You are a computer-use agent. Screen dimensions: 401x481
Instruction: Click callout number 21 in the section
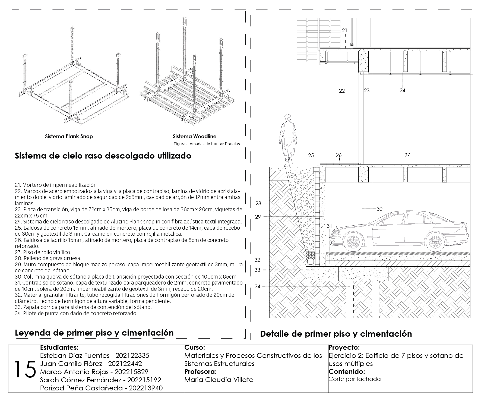pyautogui.click(x=344, y=31)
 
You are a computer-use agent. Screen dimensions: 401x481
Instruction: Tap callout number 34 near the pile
pyautogui.click(x=257, y=286)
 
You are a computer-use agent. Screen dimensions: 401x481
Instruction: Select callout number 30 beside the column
pyautogui.click(x=379, y=209)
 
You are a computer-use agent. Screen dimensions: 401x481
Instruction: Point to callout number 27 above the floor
pyautogui.click(x=407, y=155)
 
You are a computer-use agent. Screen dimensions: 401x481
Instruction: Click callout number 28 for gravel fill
pyautogui.click(x=258, y=204)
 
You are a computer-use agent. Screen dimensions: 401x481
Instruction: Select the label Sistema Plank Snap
pyautogui.click(x=69, y=136)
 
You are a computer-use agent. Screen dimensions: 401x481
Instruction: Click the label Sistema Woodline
pyautogui.click(x=195, y=136)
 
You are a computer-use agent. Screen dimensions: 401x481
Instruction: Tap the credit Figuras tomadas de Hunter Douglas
pyautogui.click(x=207, y=144)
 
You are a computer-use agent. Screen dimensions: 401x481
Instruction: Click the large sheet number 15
pyautogui.click(x=25, y=370)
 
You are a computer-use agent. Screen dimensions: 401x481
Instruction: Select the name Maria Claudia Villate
pyautogui.click(x=219, y=380)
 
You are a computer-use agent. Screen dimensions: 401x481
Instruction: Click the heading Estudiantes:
pyautogui.click(x=59, y=348)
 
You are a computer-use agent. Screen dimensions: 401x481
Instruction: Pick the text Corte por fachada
pyautogui.click(x=355, y=379)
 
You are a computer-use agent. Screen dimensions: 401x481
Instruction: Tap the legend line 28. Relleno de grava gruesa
pyautogui.click(x=48, y=258)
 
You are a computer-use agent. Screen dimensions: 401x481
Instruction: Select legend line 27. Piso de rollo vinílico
pyautogui.click(x=43, y=252)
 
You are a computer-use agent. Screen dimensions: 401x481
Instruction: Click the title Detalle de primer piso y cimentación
pyautogui.click(x=336, y=334)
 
